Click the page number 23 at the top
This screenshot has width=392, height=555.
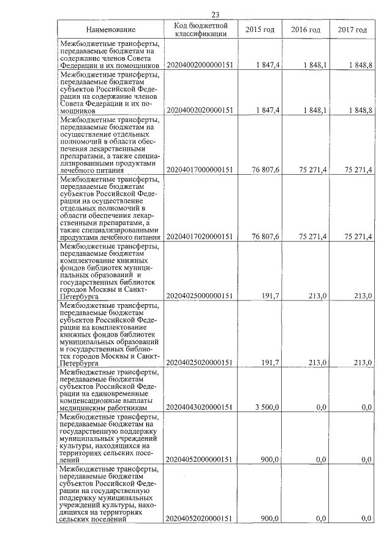[215, 15]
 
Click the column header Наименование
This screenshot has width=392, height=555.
[110, 30]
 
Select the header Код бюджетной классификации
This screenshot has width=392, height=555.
[201, 30]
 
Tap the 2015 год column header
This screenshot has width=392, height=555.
[260, 30]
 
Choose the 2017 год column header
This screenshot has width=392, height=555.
[352, 30]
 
